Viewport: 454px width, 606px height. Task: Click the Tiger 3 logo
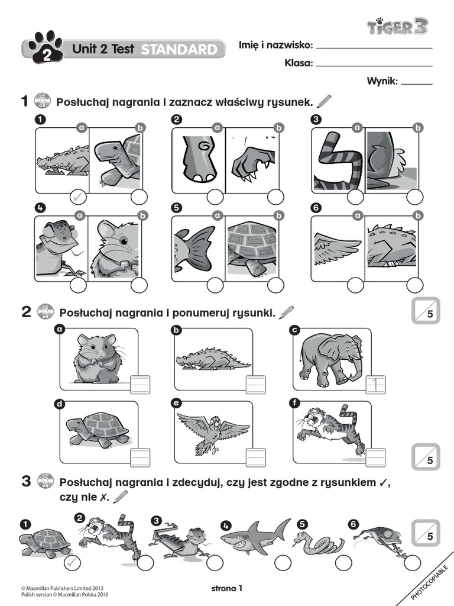(397, 27)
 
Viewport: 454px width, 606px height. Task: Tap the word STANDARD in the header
(179, 50)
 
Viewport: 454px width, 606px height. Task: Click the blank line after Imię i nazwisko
(374, 47)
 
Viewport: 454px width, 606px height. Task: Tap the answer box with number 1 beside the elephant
(375, 385)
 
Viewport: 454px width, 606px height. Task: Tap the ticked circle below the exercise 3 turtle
(71, 562)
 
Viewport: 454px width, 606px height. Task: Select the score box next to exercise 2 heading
(426, 312)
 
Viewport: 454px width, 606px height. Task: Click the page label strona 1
(226, 588)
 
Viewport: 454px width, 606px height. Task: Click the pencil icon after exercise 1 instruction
(325, 102)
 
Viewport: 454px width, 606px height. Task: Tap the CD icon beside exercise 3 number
(44, 481)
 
